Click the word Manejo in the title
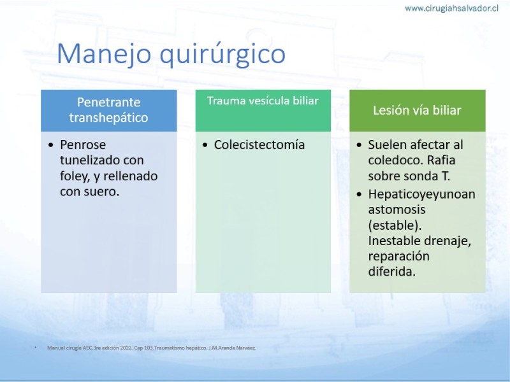[104, 54]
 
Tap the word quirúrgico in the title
[222, 54]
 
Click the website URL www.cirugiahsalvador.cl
[451, 8]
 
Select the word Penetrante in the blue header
[108, 103]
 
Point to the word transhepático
[108, 118]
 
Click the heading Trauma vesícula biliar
[263, 101]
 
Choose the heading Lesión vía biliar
[417, 110]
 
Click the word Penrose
[83, 145]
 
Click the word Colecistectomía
[259, 145]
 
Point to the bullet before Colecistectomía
[205, 145]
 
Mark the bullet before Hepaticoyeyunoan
[359, 195]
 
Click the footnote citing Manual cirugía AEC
[152, 348]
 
